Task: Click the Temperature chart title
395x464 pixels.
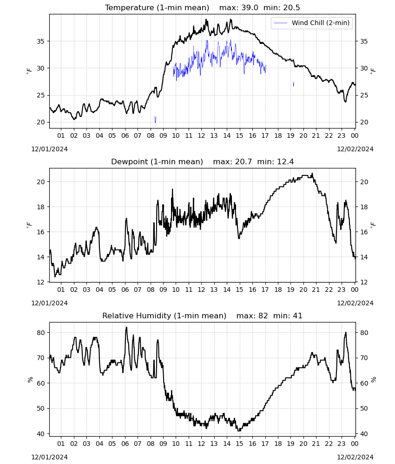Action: click(x=203, y=7)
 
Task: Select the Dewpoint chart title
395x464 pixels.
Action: click(x=203, y=161)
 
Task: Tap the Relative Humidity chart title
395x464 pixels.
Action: click(x=203, y=316)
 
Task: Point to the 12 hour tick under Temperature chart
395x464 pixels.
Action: click(x=201, y=135)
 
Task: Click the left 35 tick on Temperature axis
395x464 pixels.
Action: click(x=40, y=41)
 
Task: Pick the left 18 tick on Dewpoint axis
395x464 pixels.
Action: click(x=40, y=207)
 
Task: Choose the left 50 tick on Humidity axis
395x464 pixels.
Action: click(x=40, y=408)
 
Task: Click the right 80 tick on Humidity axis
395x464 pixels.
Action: click(x=364, y=333)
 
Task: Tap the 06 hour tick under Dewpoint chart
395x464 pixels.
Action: click(x=125, y=290)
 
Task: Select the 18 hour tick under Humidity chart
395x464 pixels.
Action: click(x=278, y=444)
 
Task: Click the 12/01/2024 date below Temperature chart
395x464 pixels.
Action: click(x=49, y=149)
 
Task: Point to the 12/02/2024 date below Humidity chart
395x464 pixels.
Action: click(x=355, y=457)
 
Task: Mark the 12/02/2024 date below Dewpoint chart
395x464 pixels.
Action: click(x=355, y=303)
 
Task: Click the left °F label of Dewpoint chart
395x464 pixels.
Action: click(x=29, y=226)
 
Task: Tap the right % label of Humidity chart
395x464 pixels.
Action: click(x=374, y=380)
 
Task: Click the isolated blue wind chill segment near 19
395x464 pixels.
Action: click(x=293, y=84)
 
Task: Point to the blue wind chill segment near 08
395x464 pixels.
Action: click(x=155, y=120)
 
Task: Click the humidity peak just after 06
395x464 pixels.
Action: click(x=126, y=327)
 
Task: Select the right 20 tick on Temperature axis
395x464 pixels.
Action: click(x=364, y=122)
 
